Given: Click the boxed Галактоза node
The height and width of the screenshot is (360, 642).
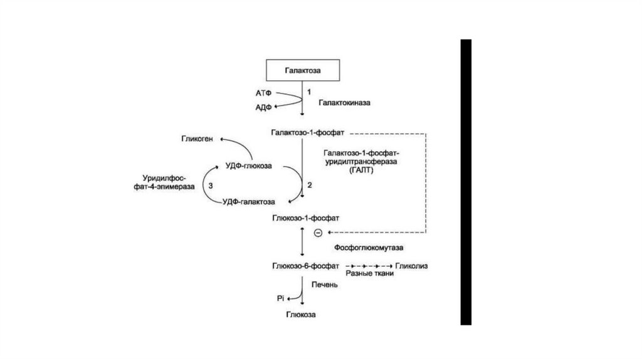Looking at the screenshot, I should click(303, 70).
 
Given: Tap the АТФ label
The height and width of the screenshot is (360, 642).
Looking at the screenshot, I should click(263, 93).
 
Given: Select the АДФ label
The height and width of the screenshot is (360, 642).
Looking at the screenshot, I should click(263, 107).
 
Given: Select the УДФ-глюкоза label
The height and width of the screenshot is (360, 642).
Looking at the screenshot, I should click(248, 166).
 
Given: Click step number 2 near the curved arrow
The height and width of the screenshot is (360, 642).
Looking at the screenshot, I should click(308, 185).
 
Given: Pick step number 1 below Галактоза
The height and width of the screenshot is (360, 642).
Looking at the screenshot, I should click(308, 91).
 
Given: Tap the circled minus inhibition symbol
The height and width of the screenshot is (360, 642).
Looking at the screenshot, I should click(318, 233).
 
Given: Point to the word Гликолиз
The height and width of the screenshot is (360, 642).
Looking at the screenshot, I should click(411, 266).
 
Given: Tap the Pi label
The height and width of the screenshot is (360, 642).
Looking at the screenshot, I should click(281, 299).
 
